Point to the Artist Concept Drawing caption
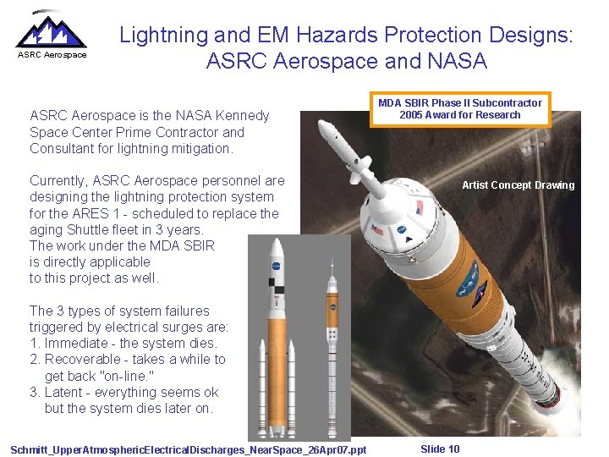coord(518,185)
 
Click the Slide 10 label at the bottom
coord(440,449)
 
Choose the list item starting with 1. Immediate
coord(123,343)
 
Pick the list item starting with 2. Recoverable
coord(127,359)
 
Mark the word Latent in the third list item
coord(67,392)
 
